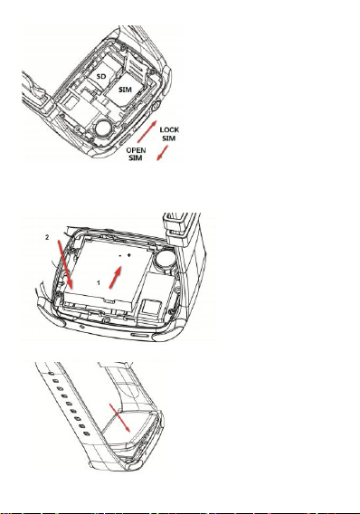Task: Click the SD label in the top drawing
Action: click(101, 76)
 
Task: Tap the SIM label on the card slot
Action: click(125, 90)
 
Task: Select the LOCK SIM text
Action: click(169, 134)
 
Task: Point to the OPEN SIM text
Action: click(136, 154)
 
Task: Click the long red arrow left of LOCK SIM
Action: click(147, 132)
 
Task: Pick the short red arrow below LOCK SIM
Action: click(162, 153)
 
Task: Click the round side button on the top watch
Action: click(155, 106)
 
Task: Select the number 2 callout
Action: click(47, 237)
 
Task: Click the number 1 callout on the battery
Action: click(99, 282)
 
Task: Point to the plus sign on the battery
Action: click(129, 254)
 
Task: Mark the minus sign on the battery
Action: click(120, 255)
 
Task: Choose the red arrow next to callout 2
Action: click(65, 264)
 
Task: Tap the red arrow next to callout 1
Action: click(115, 277)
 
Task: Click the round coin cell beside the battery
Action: click(166, 258)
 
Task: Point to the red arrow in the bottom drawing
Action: click(120, 418)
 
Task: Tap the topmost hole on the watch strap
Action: click(51, 373)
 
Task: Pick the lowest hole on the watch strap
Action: click(86, 434)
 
